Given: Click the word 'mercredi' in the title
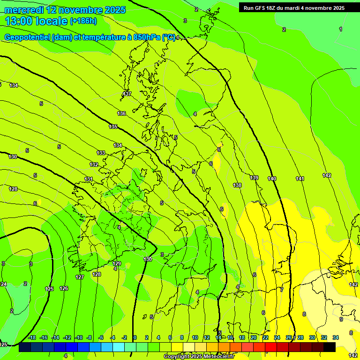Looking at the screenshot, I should click(24, 10).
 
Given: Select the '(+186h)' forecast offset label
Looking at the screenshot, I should click(83, 21).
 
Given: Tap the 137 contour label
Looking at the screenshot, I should click(127, 94).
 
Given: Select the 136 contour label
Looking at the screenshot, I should click(121, 113).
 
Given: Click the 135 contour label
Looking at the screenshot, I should click(113, 127).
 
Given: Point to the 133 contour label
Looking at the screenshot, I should click(101, 153).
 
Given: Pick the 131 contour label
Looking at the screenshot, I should click(89, 179).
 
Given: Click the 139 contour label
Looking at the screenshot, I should click(254, 178).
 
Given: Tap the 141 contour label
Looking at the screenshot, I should click(300, 179).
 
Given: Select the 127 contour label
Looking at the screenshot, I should click(80, 277).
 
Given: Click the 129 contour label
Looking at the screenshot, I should click(117, 263).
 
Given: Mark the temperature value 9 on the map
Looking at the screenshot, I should click(341, 319).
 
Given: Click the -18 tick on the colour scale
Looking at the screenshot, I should click(32, 337).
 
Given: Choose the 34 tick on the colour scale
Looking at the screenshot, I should click(336, 337).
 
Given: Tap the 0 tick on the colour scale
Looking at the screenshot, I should click(135, 337).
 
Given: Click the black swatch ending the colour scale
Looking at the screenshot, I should click(329, 347).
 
